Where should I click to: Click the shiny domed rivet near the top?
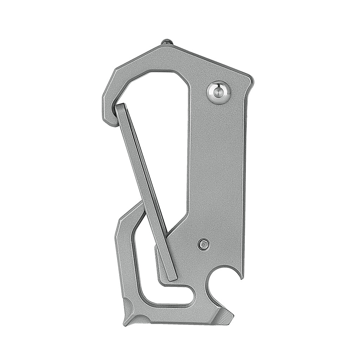click(218, 93)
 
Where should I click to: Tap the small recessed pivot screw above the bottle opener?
click(203, 245)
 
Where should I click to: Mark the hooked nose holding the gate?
click(108, 115)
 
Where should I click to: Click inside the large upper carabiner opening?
click(158, 119)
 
